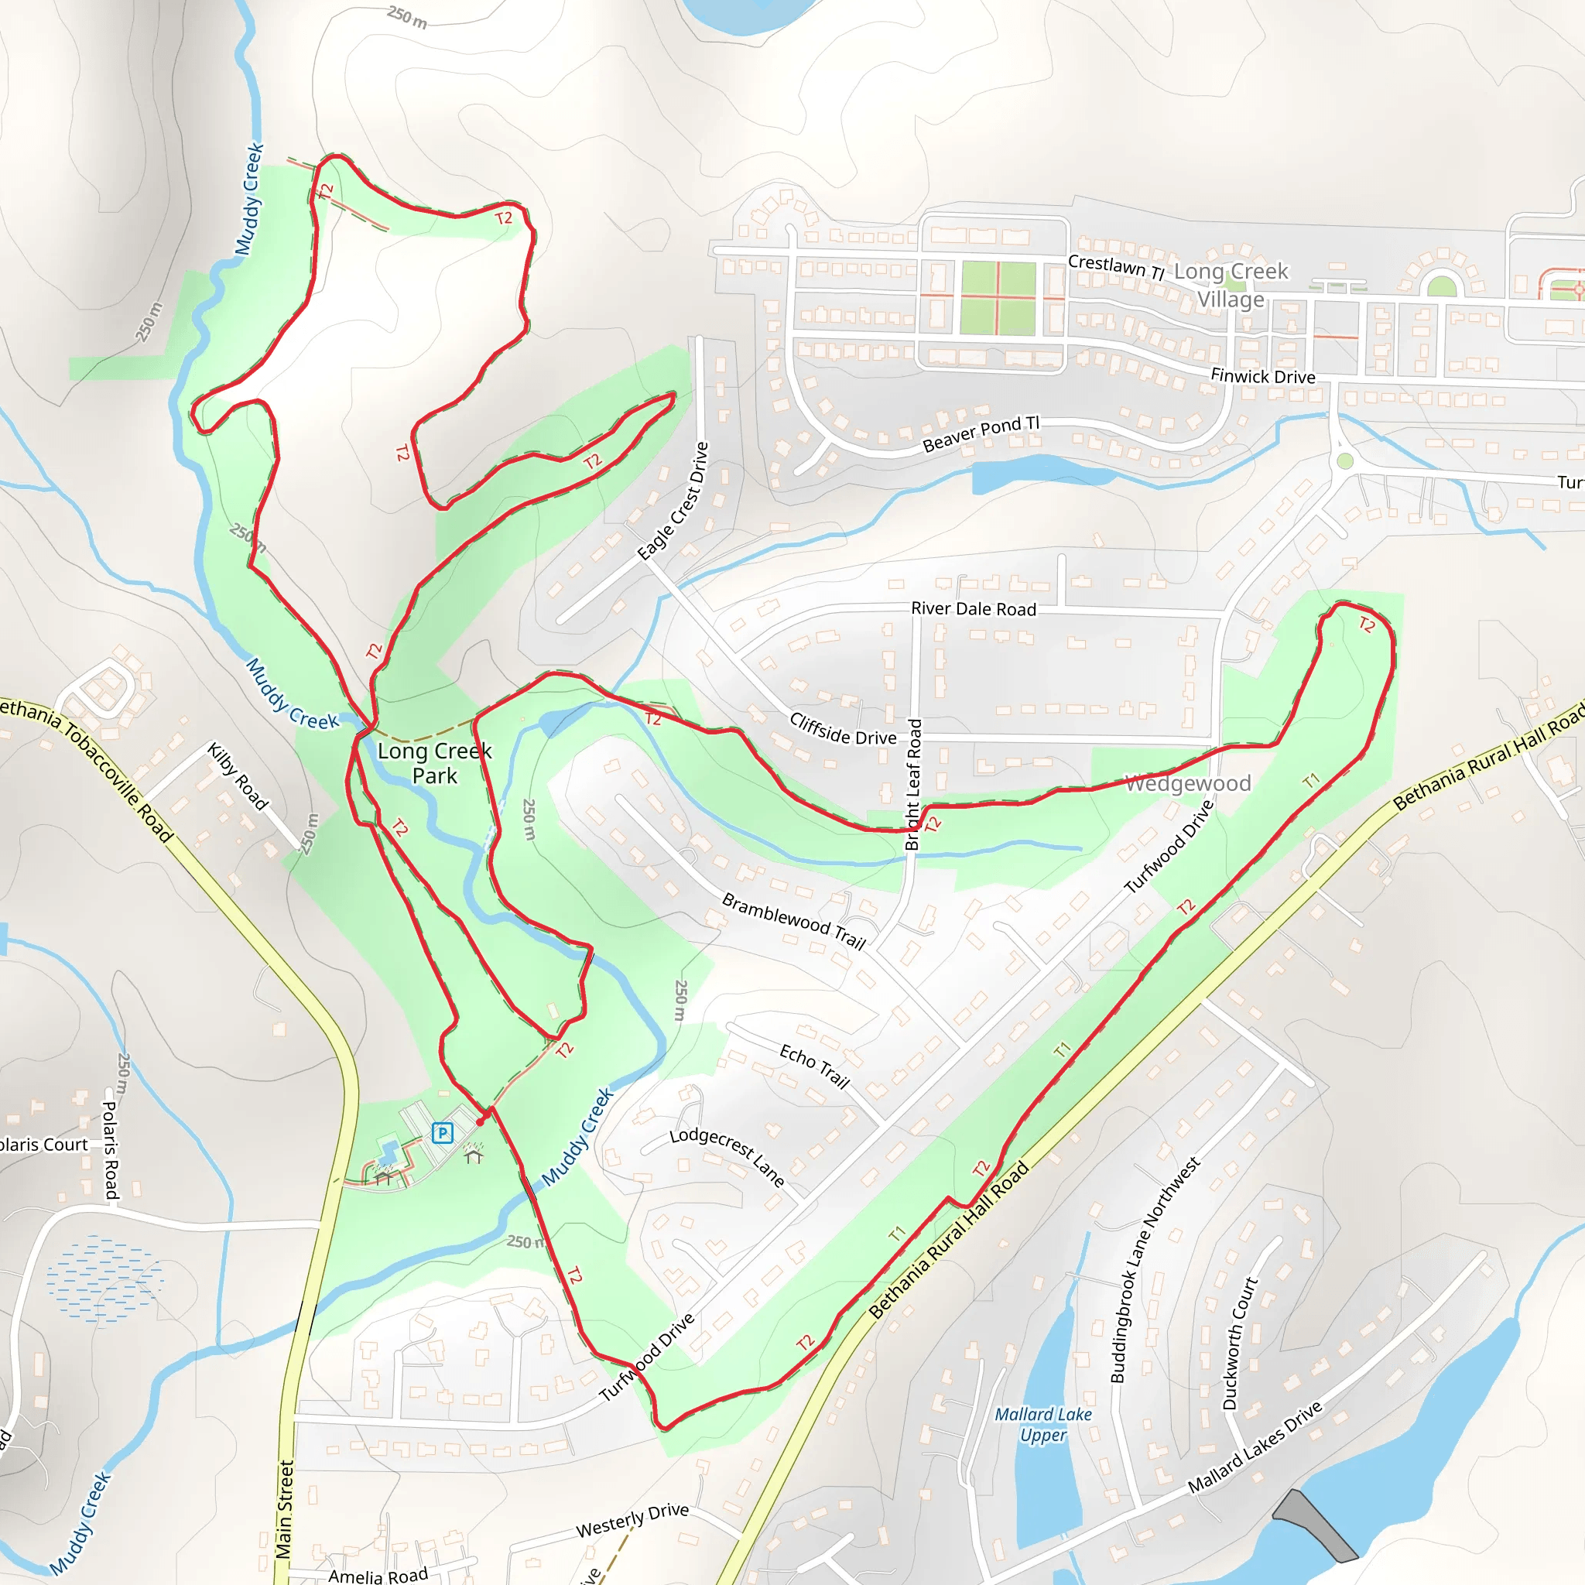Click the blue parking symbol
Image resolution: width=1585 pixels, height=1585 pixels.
pyautogui.click(x=442, y=1133)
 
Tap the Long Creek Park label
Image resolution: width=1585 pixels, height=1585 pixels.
pyautogui.click(x=434, y=763)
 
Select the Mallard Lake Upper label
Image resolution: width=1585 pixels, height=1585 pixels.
pyautogui.click(x=1042, y=1425)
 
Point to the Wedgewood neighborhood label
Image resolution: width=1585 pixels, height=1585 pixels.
pyautogui.click(x=1187, y=783)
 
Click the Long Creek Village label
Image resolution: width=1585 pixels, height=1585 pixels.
pyautogui.click(x=1231, y=285)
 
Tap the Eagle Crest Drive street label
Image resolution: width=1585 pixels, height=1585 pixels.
pyautogui.click(x=673, y=502)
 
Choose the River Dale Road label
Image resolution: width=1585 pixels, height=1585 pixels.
pyautogui.click(x=973, y=609)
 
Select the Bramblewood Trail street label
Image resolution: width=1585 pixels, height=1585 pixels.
pyautogui.click(x=793, y=920)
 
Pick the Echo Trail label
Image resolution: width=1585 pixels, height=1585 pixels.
pyautogui.click(x=814, y=1066)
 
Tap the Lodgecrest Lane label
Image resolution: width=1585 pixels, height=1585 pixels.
pyautogui.click(x=727, y=1157)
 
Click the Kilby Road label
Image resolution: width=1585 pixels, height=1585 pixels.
pyautogui.click(x=237, y=776)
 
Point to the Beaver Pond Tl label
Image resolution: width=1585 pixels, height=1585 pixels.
pyautogui.click(x=981, y=433)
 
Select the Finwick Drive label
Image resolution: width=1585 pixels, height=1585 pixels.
pyautogui.click(x=1262, y=377)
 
